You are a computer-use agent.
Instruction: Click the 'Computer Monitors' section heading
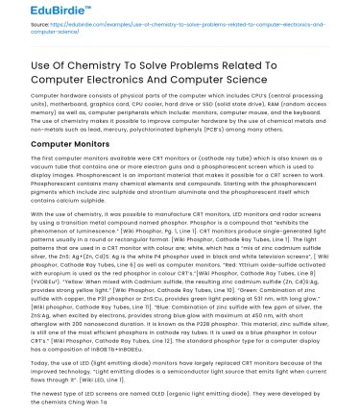pos(72,143)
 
